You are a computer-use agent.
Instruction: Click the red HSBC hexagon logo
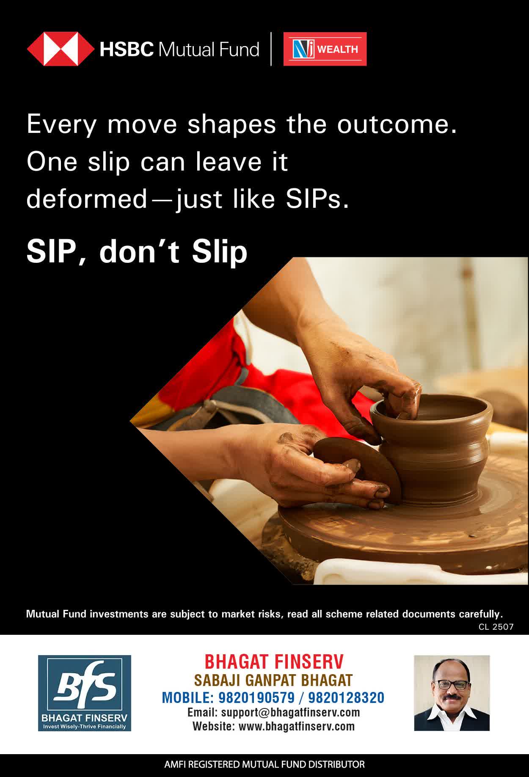coord(61,49)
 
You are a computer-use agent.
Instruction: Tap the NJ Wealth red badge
coord(325,49)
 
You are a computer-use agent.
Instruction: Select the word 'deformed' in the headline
coord(86,199)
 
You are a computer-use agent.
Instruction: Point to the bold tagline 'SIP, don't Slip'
coord(137,252)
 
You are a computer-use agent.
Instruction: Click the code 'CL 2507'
coord(496,627)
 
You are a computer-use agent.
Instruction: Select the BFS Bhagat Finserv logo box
coord(85,693)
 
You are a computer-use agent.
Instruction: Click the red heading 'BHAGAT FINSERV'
coord(274,661)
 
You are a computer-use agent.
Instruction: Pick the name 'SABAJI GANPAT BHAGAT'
coord(273,680)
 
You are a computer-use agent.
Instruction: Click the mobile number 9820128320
coord(346,697)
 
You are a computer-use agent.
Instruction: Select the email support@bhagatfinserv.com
coord(290,712)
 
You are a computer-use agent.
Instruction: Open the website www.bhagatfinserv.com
coord(297,727)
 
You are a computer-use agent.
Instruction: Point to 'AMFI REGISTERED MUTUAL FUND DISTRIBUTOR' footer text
coord(264,765)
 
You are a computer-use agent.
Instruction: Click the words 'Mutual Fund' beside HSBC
coord(208,50)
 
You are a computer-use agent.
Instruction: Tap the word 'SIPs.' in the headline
coord(317,199)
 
